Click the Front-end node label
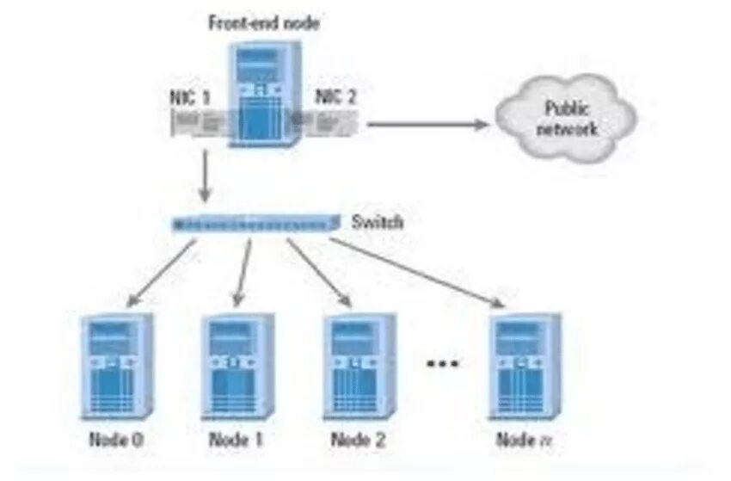tap(264, 23)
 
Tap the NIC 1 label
tap(189, 97)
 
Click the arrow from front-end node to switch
tap(204, 176)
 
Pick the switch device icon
tap(254, 224)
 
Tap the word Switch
tap(378, 223)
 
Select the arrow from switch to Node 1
tap(242, 273)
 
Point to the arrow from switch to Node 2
tap(319, 273)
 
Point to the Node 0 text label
tap(116, 441)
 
